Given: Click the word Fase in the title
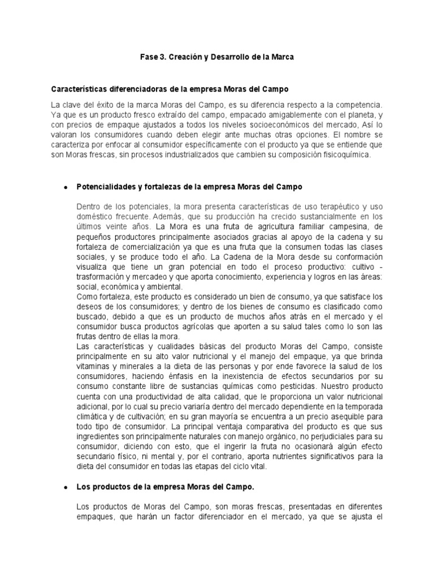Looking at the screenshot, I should coord(149,58).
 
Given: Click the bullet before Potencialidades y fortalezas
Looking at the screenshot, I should coord(66,188).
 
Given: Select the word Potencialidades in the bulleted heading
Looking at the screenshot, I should coord(108,187).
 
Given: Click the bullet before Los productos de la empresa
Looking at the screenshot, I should coord(66,487).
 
